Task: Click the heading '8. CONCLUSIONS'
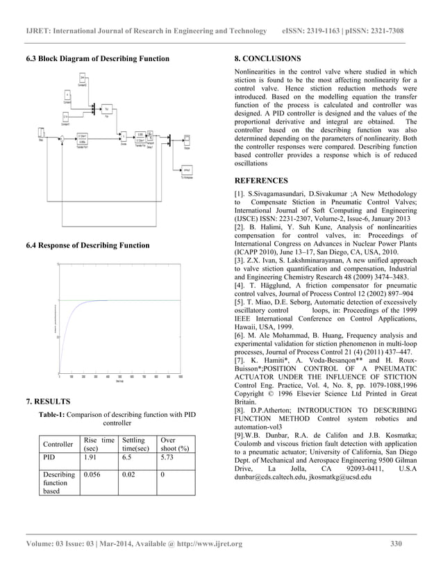click(x=267, y=58)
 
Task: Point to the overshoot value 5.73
click(x=167, y=459)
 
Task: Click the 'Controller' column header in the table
click(x=57, y=444)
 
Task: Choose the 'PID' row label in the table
click(x=49, y=459)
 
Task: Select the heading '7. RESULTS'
click(x=47, y=401)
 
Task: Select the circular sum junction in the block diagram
click(x=62, y=140)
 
